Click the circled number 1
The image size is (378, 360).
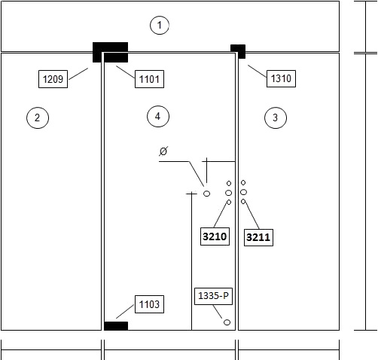click(x=160, y=25)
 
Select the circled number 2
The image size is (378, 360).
click(x=38, y=117)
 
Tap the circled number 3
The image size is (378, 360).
click(x=276, y=117)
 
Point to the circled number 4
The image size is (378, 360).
click(x=158, y=116)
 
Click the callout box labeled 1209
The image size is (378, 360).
click(x=53, y=79)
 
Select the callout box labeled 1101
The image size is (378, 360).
click(x=149, y=79)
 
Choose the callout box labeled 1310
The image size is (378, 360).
click(x=281, y=78)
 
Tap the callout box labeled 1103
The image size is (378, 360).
click(x=149, y=304)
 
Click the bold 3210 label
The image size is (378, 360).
click(x=215, y=236)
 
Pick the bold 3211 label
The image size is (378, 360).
click(x=258, y=237)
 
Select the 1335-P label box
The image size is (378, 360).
click(x=213, y=296)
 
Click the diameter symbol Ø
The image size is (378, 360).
click(x=163, y=151)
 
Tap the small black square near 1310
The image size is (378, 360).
click(x=238, y=51)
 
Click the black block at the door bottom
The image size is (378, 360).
click(x=116, y=326)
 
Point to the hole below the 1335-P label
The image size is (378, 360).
click(x=227, y=322)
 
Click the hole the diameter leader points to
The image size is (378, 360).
click(x=206, y=194)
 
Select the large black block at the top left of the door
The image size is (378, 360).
click(x=111, y=52)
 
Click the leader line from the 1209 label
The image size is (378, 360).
click(x=78, y=74)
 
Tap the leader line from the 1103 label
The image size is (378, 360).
click(x=125, y=312)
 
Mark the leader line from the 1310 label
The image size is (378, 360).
click(x=258, y=72)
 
